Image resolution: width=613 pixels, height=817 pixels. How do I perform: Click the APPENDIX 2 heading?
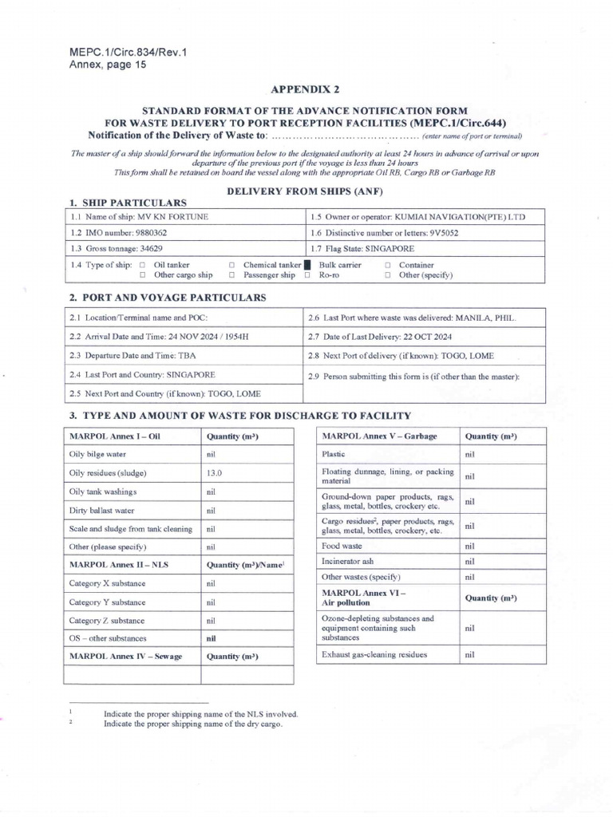[x=305, y=90]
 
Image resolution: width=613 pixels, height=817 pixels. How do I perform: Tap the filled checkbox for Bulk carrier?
[x=307, y=265]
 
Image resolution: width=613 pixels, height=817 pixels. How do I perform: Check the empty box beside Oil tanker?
[x=142, y=265]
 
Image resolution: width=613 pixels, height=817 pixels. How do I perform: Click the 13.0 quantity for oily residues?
[x=214, y=473]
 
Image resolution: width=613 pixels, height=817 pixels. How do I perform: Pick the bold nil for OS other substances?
[x=212, y=638]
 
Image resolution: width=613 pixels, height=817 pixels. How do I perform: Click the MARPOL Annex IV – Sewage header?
[x=124, y=657]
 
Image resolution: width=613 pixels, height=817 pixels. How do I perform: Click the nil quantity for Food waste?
[x=469, y=547]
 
